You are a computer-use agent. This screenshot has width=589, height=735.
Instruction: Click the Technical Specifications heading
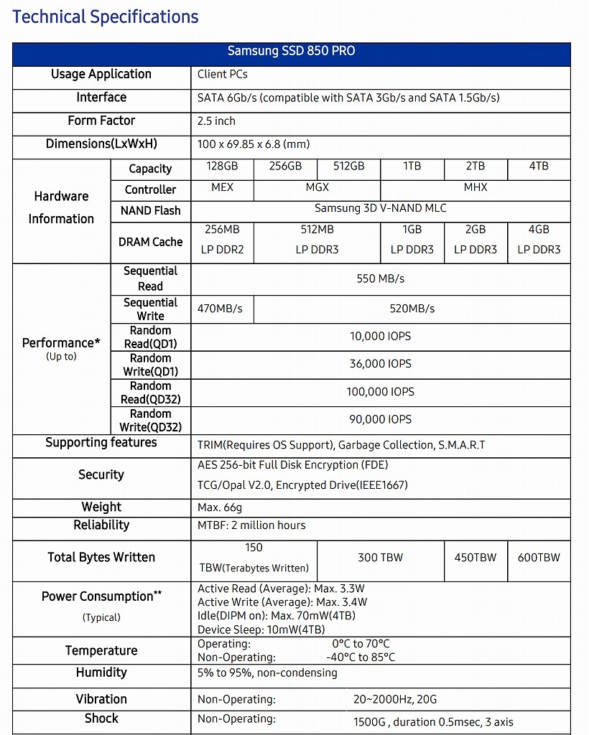tap(106, 17)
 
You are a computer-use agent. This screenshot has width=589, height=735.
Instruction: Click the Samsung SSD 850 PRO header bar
tap(291, 51)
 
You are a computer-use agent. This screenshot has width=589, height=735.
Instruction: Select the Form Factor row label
tap(101, 121)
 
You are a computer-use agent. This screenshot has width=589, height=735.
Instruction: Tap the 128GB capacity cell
tap(222, 166)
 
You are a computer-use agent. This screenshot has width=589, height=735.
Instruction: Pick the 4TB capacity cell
tap(539, 166)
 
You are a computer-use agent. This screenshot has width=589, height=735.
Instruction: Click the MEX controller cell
tap(222, 187)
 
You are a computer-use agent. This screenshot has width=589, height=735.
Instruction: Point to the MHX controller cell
tap(476, 187)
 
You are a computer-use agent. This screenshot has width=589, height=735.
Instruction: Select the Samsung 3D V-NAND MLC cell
tap(380, 209)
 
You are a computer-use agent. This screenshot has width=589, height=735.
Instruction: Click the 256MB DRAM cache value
tap(222, 230)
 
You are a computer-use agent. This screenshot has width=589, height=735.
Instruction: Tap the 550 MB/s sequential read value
tap(380, 278)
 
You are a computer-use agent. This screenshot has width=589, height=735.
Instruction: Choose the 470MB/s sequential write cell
tap(220, 309)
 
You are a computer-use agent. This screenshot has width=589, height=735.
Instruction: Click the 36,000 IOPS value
tap(380, 364)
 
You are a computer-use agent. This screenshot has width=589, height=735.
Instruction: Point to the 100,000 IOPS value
tap(380, 392)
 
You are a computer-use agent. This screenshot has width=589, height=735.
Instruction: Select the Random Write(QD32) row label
tap(150, 421)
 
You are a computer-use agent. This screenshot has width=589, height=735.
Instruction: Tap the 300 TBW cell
tap(380, 557)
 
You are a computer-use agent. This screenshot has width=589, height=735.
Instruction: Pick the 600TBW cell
tap(539, 557)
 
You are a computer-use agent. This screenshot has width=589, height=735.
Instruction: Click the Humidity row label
tap(101, 673)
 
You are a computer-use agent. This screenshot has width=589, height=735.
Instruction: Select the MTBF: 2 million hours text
tap(251, 525)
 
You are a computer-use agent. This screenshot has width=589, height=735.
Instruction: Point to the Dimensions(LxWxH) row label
tap(101, 144)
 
